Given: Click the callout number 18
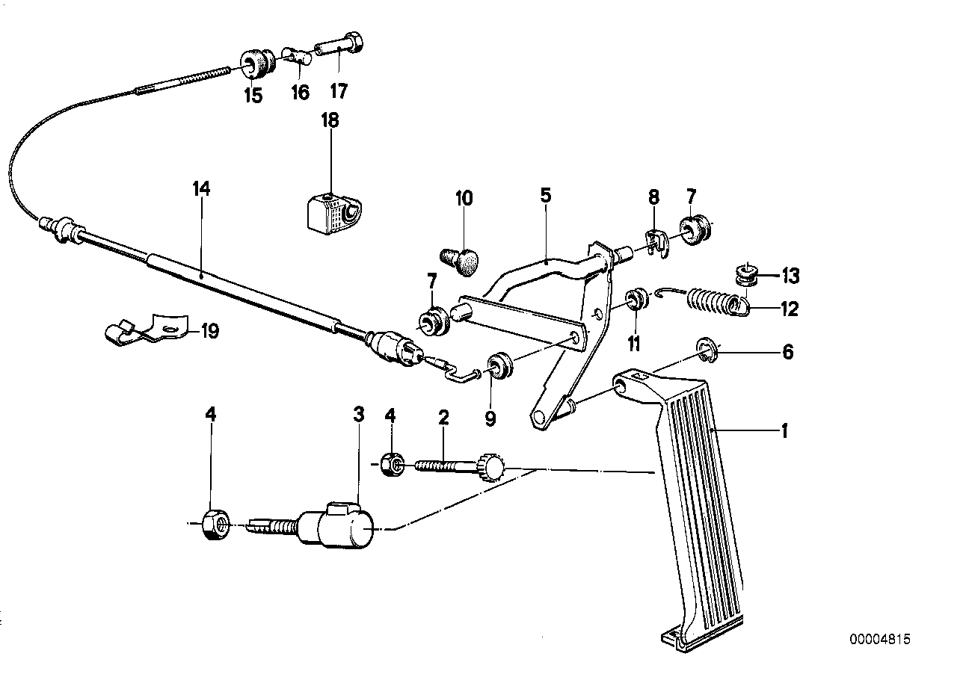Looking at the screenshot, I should point(330,120).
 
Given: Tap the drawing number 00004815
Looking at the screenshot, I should point(880,640).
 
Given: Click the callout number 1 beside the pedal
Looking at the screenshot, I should point(784,430).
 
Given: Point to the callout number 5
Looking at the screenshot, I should point(545,196).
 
